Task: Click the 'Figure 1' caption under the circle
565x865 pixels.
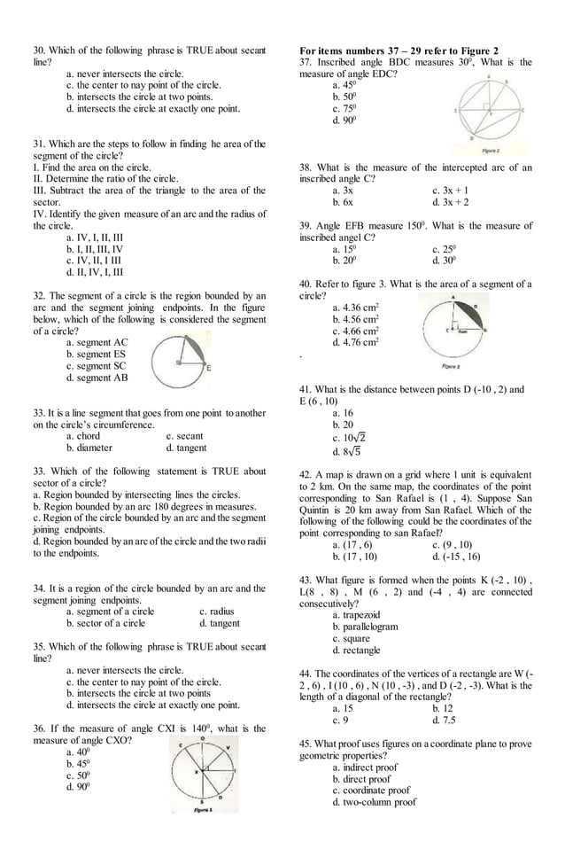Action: click(x=203, y=809)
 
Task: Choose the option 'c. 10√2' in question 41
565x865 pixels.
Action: click(x=349, y=437)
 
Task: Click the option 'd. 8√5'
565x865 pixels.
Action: click(x=346, y=451)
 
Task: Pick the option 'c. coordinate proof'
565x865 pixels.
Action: click(x=371, y=790)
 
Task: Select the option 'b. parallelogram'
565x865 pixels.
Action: click(x=365, y=626)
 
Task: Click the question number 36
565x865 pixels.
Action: click(x=39, y=728)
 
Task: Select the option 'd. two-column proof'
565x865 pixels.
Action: click(x=374, y=802)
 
